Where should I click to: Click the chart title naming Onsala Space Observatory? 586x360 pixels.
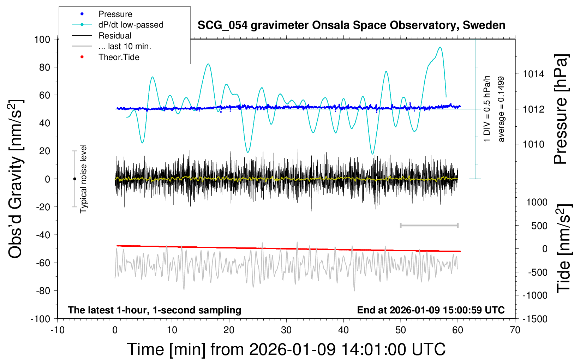coord(351,25)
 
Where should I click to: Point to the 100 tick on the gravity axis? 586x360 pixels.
coord(42,39)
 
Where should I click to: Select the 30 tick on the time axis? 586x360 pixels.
coord(286,330)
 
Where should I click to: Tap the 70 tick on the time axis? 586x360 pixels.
coord(515,330)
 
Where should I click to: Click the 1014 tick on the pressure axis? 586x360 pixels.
coord(533,74)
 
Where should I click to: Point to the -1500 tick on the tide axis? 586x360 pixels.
coord(535,319)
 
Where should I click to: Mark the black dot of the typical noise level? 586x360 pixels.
coord(74,179)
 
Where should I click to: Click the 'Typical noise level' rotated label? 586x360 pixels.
coord(83,179)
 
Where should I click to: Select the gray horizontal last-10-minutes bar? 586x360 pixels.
coord(429,225)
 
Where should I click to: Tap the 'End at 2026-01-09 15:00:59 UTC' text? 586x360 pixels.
coord(431,310)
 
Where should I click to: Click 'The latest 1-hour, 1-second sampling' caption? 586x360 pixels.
coord(155,310)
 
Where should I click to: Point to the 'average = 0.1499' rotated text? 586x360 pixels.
coord(501,109)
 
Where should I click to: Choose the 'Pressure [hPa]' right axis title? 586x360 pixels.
coord(560,109)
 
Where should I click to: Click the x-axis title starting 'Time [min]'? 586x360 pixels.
coord(286,349)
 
